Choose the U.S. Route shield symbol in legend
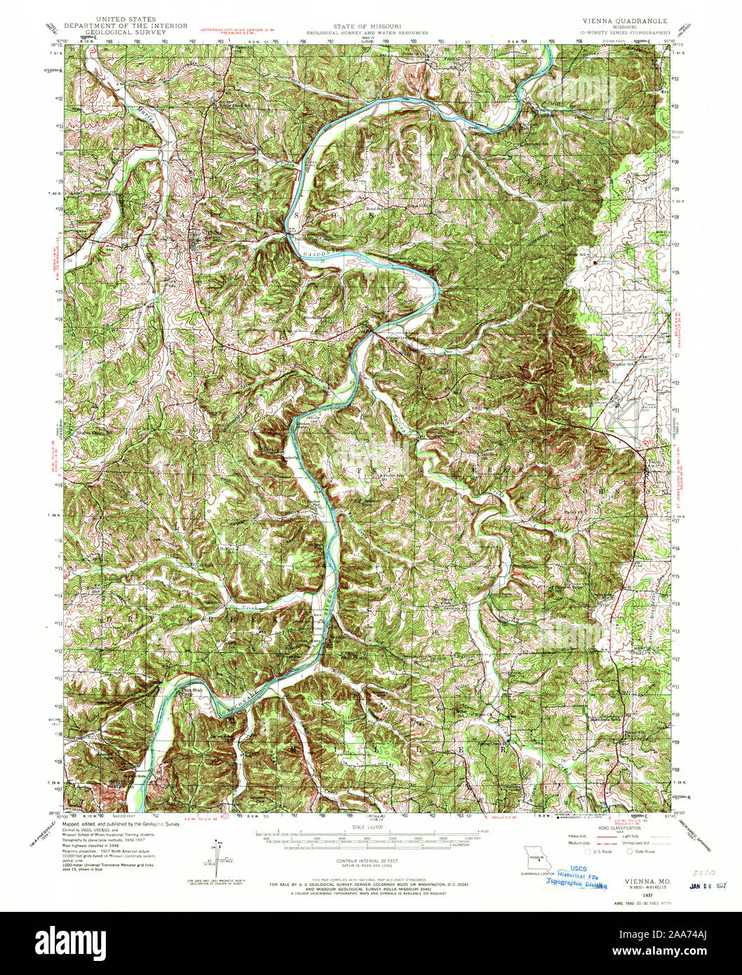(x=588, y=852)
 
